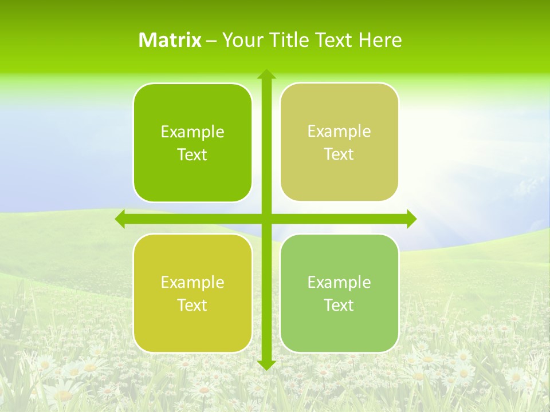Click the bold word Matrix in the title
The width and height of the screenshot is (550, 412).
(170, 40)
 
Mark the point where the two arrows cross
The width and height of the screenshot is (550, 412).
(266, 219)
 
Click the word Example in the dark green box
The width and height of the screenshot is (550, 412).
(192, 132)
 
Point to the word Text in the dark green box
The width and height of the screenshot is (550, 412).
(192, 155)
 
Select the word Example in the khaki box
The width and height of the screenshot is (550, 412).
(339, 132)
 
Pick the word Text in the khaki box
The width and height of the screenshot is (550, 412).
(339, 154)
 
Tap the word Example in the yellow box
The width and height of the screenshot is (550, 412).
(192, 283)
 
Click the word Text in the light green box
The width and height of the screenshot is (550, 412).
(339, 306)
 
